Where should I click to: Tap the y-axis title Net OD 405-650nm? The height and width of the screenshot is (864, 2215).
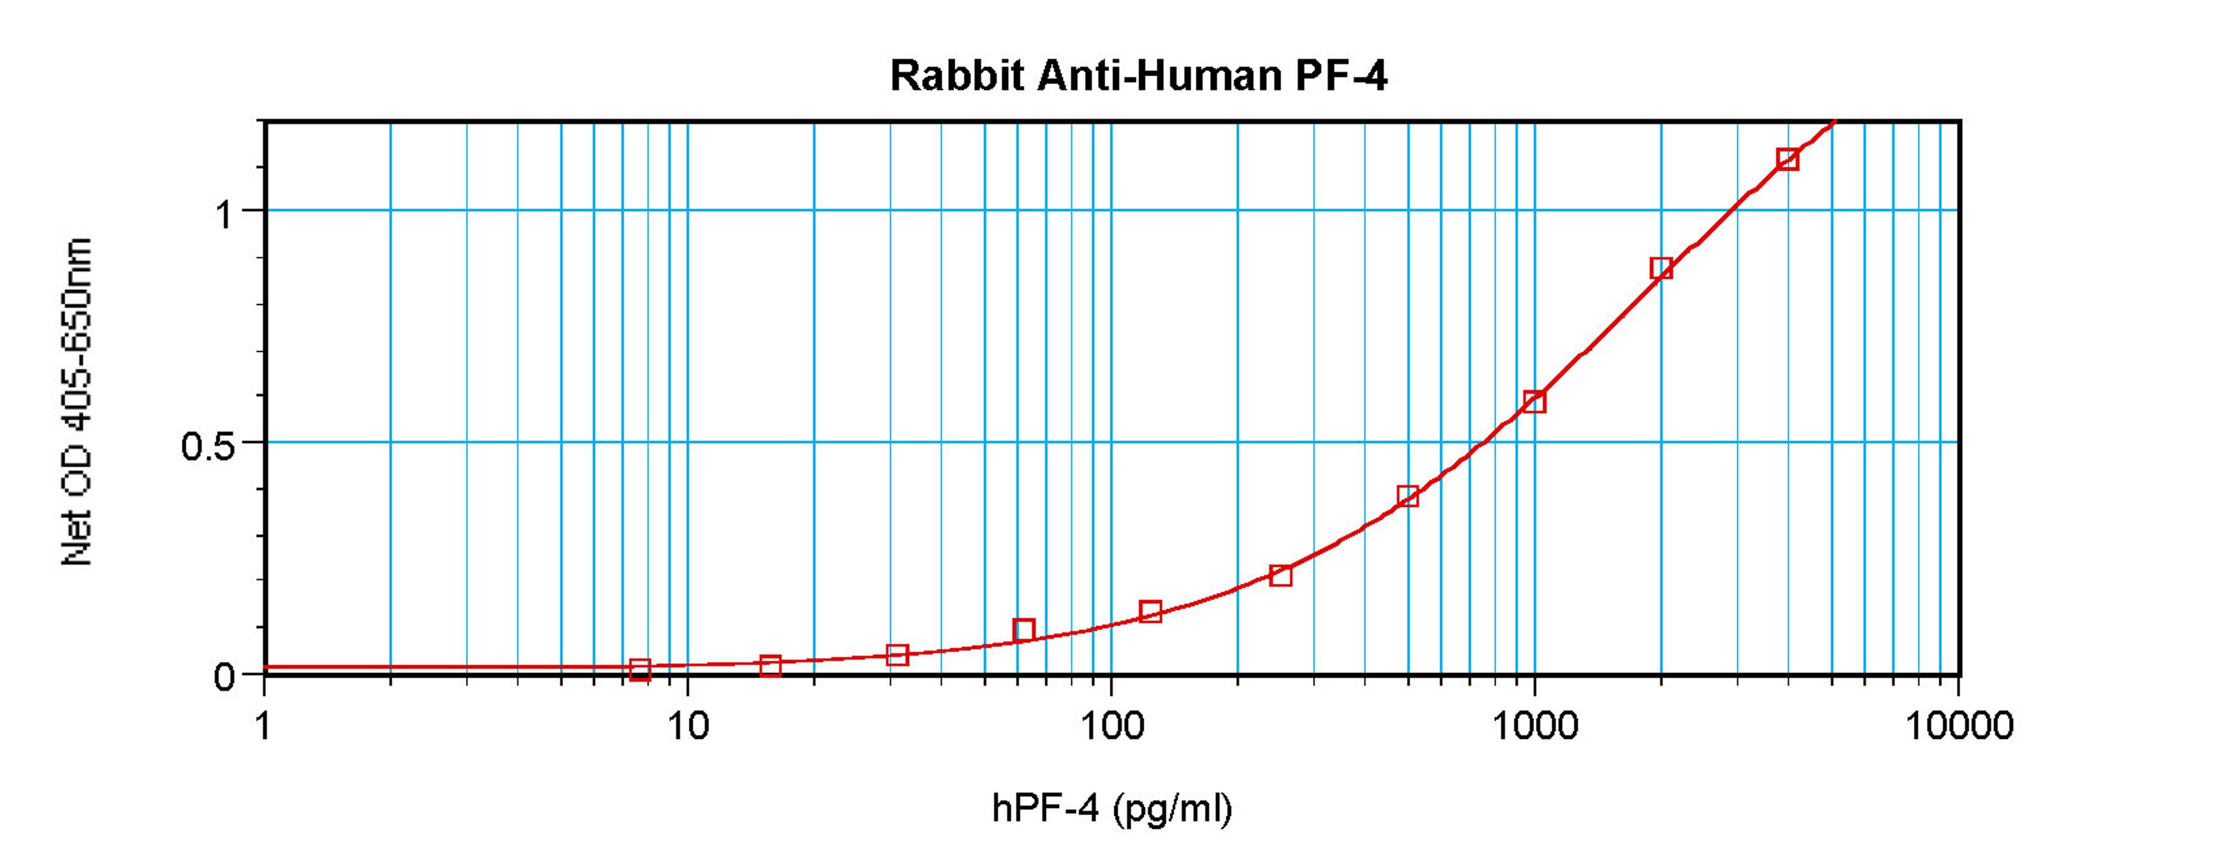pos(77,401)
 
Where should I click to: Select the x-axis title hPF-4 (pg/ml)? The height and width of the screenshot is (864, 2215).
pos(1112,809)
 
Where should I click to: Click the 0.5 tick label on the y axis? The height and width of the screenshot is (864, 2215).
pos(207,446)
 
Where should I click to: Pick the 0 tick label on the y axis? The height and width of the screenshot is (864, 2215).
pos(224,678)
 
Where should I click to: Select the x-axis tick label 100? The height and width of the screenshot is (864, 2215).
pos(1111,727)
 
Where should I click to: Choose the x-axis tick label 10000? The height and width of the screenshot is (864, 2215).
pos(1959,727)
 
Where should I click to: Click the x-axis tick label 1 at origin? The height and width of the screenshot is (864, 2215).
pos(262,727)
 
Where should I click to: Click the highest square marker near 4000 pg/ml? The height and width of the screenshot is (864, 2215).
pos(1788,159)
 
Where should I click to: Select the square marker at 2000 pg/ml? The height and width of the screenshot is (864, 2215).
pos(1661,268)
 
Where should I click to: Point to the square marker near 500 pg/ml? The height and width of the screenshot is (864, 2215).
pos(1407,496)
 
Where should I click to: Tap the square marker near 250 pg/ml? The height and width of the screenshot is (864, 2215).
pos(1281,575)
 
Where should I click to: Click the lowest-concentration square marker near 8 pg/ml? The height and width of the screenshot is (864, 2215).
pos(640,669)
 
